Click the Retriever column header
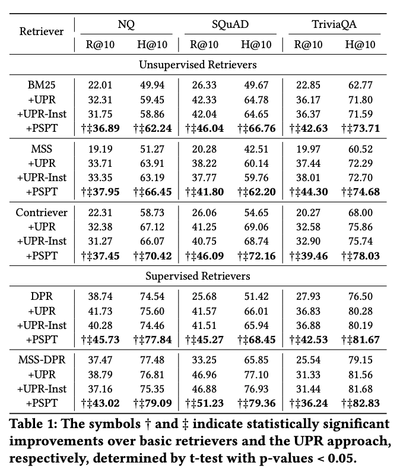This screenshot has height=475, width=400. point(42,31)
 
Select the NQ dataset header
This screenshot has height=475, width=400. point(126,25)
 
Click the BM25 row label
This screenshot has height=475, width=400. point(42,85)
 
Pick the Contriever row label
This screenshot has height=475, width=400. point(42,213)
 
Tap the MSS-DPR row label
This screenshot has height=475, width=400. point(42,360)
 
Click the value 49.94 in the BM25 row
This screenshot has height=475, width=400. point(149,85)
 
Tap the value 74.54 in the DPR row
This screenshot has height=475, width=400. point(149,297)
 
